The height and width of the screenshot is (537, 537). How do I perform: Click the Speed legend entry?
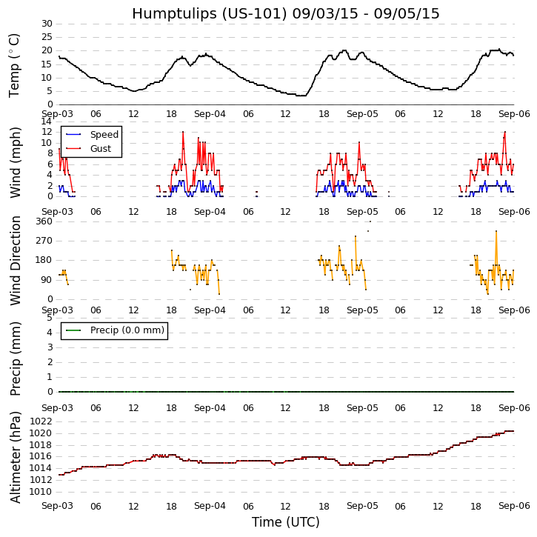click(104, 135)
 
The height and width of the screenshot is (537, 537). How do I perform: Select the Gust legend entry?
click(101, 149)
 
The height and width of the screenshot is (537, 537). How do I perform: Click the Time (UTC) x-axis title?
click(286, 522)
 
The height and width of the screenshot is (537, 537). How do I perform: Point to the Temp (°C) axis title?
click(15, 64)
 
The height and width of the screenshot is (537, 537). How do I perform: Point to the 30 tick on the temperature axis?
click(46, 24)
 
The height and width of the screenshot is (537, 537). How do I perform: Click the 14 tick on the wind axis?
click(46, 121)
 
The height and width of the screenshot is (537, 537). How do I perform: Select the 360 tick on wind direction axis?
click(44, 221)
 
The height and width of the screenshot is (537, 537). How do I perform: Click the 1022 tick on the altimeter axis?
click(41, 421)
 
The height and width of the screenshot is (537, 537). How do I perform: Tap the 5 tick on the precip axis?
click(49, 318)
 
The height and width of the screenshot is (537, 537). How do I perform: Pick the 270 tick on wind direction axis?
click(44, 241)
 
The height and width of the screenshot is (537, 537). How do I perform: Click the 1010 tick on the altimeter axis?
click(41, 491)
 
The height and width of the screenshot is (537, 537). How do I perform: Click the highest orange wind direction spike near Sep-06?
click(496, 231)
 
